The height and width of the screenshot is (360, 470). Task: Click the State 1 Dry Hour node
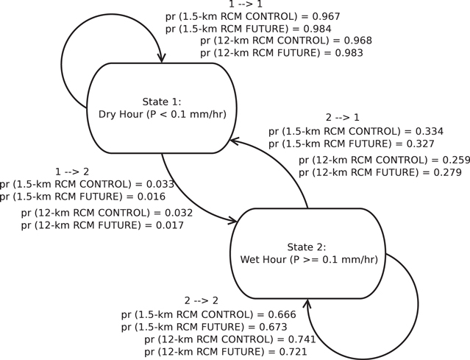[161, 107]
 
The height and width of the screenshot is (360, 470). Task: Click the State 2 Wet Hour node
[307, 253]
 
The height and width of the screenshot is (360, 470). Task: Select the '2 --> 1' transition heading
[343, 118]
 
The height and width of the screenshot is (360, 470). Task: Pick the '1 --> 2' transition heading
[72, 172]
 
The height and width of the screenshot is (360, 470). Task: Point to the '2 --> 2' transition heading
[201, 300]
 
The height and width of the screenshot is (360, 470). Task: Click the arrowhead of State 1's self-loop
[161, 58]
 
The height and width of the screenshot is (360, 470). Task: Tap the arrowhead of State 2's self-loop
[307, 303]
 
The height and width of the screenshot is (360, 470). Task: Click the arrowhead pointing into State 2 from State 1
[232, 220]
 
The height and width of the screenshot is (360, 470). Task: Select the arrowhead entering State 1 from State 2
[235, 141]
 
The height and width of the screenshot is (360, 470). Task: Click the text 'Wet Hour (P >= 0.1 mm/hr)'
[309, 260]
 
